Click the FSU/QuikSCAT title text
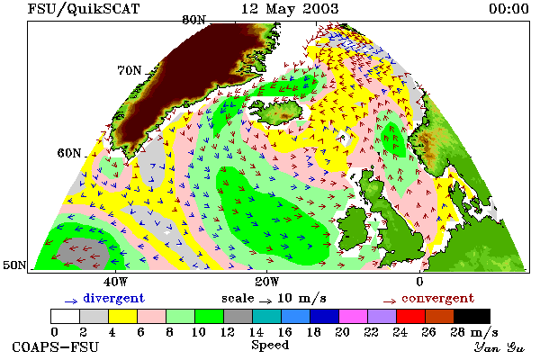click(x=84, y=9)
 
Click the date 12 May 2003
click(x=290, y=9)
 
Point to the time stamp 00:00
click(x=508, y=9)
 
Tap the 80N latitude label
click(x=194, y=20)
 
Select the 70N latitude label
click(x=130, y=70)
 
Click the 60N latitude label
click(x=69, y=153)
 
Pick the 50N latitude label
click(x=14, y=265)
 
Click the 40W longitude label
click(x=116, y=282)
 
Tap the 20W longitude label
click(x=267, y=282)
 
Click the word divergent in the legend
click(x=114, y=298)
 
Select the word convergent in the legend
click(x=438, y=298)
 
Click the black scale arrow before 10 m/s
click(x=265, y=301)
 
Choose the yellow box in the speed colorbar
click(x=122, y=316)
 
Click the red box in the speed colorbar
click(x=410, y=316)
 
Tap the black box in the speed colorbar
click(x=472, y=316)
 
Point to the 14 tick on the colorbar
click(x=256, y=332)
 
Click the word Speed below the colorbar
click(x=270, y=346)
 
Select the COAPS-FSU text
click(x=56, y=346)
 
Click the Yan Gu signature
click(x=499, y=347)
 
